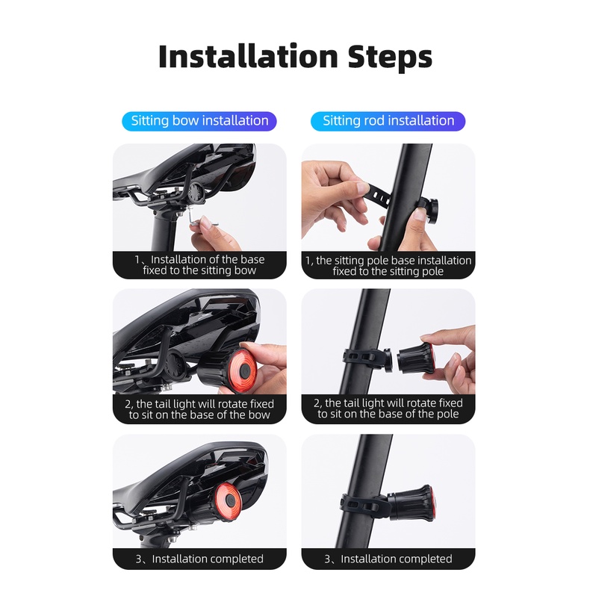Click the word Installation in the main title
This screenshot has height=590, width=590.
(x=249, y=57)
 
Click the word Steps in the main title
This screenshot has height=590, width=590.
(x=390, y=58)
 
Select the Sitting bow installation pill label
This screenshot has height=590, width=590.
(x=199, y=121)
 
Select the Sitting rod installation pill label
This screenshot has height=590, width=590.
(x=388, y=121)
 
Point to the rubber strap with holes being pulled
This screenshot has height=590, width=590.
(x=376, y=193)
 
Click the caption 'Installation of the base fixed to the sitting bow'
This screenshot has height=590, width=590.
(x=199, y=265)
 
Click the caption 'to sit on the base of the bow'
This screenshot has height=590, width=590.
(x=199, y=414)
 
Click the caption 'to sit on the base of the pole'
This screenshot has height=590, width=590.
(x=388, y=414)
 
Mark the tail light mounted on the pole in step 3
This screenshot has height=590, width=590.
(x=411, y=503)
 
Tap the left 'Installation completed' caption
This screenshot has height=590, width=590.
(x=199, y=559)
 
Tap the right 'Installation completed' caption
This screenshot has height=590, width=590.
(x=388, y=559)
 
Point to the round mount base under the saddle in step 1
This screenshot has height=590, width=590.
(x=196, y=193)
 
